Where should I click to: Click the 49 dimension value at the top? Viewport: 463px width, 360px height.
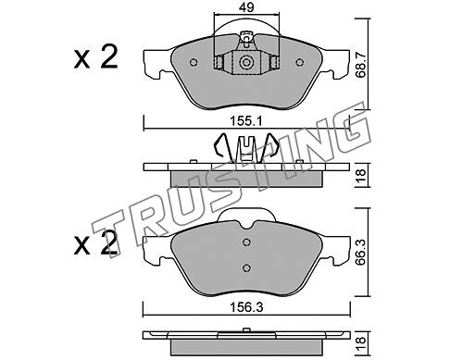pos(247,7)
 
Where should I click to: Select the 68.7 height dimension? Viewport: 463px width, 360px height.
pos(360,64)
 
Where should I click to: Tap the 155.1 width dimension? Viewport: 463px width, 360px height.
pos(245,121)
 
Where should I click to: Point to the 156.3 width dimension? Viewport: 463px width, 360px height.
pos(246,307)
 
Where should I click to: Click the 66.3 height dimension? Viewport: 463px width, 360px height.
pos(360,253)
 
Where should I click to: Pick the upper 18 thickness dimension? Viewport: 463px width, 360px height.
pos(360,175)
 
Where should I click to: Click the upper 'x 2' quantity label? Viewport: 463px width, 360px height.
pos(95,57)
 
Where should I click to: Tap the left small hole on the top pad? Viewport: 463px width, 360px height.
pos(194,63)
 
